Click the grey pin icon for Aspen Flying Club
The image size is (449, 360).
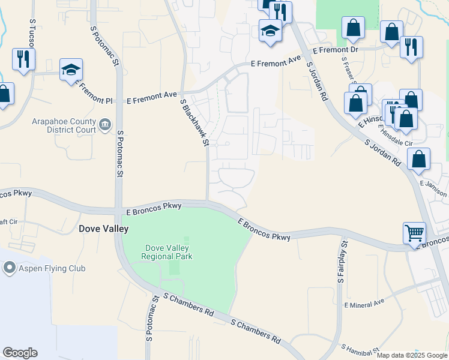10,268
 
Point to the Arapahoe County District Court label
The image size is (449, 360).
64,125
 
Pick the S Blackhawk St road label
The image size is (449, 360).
195,122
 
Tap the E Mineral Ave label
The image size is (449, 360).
364,305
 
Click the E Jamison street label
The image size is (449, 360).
434,188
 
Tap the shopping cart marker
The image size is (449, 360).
415,232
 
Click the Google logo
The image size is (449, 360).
20,353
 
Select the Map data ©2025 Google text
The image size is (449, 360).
412,355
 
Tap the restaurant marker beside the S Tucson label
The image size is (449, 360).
24,59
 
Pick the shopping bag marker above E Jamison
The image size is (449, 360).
418,159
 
